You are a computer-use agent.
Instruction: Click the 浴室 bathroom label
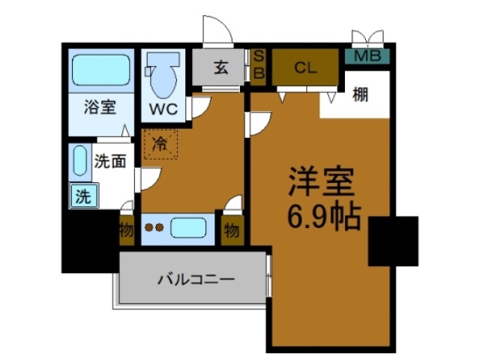[99, 106]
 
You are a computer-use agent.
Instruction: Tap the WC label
[163, 108]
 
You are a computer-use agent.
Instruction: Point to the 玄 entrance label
[220, 68]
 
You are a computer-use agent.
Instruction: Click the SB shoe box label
[258, 66]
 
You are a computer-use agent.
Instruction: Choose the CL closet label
[304, 67]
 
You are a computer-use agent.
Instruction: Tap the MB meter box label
[367, 55]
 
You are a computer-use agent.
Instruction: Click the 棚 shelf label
[361, 96]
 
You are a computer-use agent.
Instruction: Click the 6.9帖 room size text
[324, 217]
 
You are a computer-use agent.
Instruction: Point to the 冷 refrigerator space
[160, 143]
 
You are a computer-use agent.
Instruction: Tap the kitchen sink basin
[191, 227]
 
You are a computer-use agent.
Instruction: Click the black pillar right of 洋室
[393, 241]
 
